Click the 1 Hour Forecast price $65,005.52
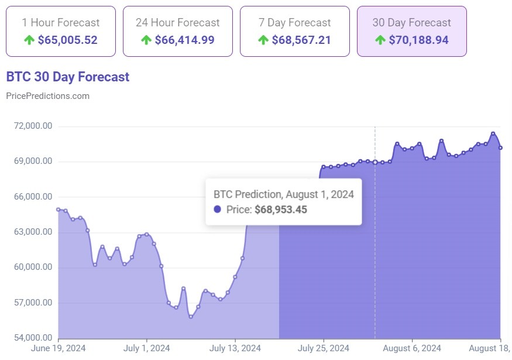[x=67, y=40]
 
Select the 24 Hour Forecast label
[x=178, y=23]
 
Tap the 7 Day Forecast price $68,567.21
[x=301, y=40]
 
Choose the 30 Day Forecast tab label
[x=412, y=23]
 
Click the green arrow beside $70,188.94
[x=380, y=40]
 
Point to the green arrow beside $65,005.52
[x=29, y=40]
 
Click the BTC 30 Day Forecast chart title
[x=67, y=77]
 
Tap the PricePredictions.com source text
[x=47, y=96]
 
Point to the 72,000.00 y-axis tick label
[x=30, y=126]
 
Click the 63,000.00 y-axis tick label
[x=30, y=232]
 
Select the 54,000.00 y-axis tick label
[x=30, y=338]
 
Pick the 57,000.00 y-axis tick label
[x=30, y=303]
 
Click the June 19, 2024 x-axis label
[x=59, y=349]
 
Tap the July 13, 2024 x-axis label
[x=235, y=349]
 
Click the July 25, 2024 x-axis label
[x=324, y=349]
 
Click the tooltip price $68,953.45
[x=281, y=210]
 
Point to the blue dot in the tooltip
[x=218, y=210]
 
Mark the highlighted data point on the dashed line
[x=375, y=162]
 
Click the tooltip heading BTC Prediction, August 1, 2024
[x=283, y=194]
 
